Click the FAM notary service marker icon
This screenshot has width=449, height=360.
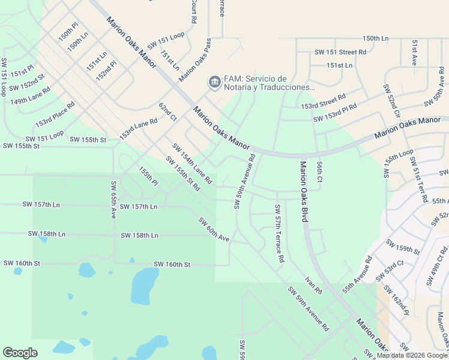[x=214, y=82]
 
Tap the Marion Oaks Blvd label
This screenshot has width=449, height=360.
[x=304, y=192]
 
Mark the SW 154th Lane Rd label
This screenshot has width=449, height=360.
[x=192, y=163]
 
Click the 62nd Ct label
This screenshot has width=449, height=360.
[x=167, y=112]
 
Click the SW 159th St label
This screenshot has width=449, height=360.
[x=403, y=247]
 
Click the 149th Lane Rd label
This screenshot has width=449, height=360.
[x=29, y=97]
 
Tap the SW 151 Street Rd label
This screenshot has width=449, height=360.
[x=340, y=52]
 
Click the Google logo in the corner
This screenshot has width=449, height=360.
[x=20, y=352]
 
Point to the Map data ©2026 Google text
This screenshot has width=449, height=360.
[x=412, y=356]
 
